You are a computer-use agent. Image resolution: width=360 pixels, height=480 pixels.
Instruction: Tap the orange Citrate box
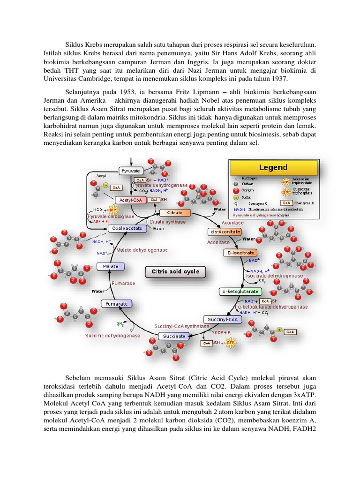pos(171,213)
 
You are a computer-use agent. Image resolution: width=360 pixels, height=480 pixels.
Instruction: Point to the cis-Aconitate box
pos(224,232)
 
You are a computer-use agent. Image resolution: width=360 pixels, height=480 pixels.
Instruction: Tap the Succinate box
pos(173,336)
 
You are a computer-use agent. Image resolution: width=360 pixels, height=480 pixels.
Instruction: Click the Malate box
pos(111,266)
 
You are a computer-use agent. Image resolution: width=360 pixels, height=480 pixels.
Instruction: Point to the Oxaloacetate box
pos(127,228)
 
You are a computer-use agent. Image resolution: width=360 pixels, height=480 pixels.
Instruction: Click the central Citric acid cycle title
pos(175,271)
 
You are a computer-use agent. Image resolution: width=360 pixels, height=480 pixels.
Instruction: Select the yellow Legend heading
pos(273,167)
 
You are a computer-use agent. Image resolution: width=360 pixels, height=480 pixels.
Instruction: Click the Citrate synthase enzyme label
pos(167,222)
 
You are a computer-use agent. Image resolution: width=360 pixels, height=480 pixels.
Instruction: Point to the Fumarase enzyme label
pos(123,284)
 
